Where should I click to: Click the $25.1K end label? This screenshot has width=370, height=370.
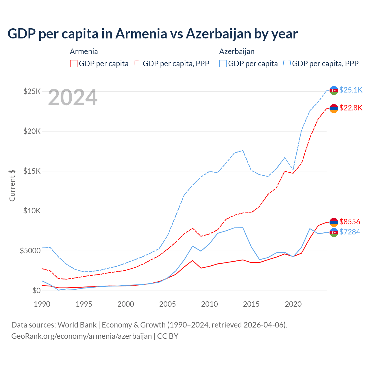pos(351,90)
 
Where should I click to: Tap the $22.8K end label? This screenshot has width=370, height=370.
pos(351,108)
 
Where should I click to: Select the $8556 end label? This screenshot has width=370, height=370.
pos(349,222)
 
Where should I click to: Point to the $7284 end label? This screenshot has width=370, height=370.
pos(349,232)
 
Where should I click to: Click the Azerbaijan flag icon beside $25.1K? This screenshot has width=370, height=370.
pos(334,90)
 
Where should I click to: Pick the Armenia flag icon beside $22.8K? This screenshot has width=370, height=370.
pos(334,108)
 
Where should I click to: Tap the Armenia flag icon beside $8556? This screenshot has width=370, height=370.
pos(334,222)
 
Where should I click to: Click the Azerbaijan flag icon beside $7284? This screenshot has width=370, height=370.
pos(334,232)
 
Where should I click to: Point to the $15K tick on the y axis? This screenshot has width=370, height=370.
pos(32,171)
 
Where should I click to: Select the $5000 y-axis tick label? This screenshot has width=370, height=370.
pos(30,251)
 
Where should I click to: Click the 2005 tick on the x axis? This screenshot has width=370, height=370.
pos(168,304)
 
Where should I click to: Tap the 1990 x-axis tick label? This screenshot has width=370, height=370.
pos(42,304)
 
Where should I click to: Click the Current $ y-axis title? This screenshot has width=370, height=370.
pos(12,185)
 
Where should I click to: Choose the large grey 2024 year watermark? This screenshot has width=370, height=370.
pos(73,97)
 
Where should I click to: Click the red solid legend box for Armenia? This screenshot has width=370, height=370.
pos(74,64)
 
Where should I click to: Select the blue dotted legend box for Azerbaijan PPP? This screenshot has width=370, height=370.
pos(287,64)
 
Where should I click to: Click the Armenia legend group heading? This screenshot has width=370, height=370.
pos(84,51)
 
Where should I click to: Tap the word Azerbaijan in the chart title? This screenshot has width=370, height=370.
pos(218,34)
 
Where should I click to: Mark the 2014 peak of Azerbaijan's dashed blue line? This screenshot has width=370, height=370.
pos(243,150)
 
